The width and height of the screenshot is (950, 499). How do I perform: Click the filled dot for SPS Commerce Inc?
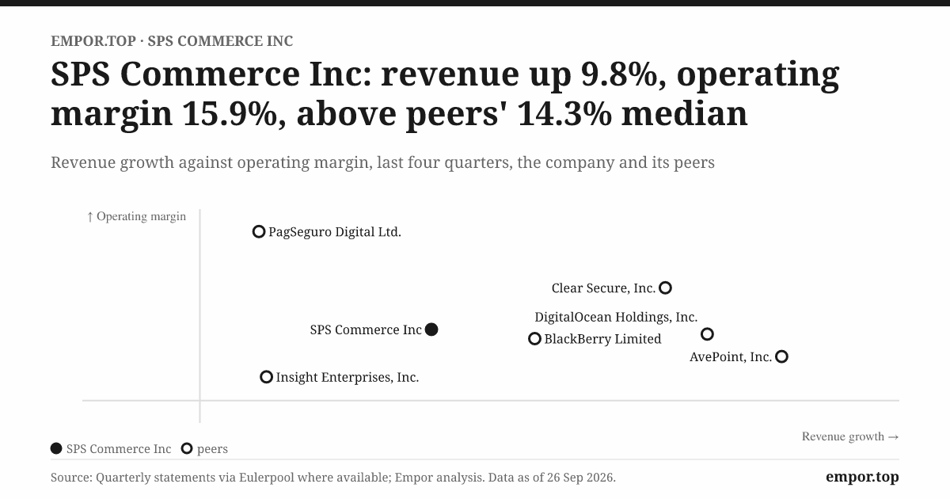(x=431, y=329)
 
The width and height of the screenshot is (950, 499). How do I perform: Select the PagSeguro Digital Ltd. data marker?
(x=253, y=232)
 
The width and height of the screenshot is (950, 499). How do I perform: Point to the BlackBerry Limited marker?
(x=530, y=339)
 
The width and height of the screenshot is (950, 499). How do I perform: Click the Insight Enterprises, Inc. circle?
(x=261, y=377)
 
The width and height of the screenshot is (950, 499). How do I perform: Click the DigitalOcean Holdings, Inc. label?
(x=616, y=317)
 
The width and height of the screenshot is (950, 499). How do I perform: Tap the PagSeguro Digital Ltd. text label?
(x=335, y=232)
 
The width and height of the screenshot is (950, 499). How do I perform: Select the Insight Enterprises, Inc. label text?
(x=348, y=377)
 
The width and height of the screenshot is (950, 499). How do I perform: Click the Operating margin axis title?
(x=136, y=216)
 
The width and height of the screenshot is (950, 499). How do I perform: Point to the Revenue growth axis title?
(x=850, y=436)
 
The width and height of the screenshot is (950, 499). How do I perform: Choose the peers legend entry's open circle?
(x=182, y=448)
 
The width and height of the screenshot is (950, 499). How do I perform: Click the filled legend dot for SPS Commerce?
(x=56, y=448)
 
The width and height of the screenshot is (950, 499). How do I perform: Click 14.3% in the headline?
(x=564, y=114)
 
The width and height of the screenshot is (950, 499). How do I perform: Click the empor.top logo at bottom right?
(x=862, y=477)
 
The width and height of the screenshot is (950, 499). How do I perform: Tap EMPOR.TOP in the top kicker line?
(x=93, y=41)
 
